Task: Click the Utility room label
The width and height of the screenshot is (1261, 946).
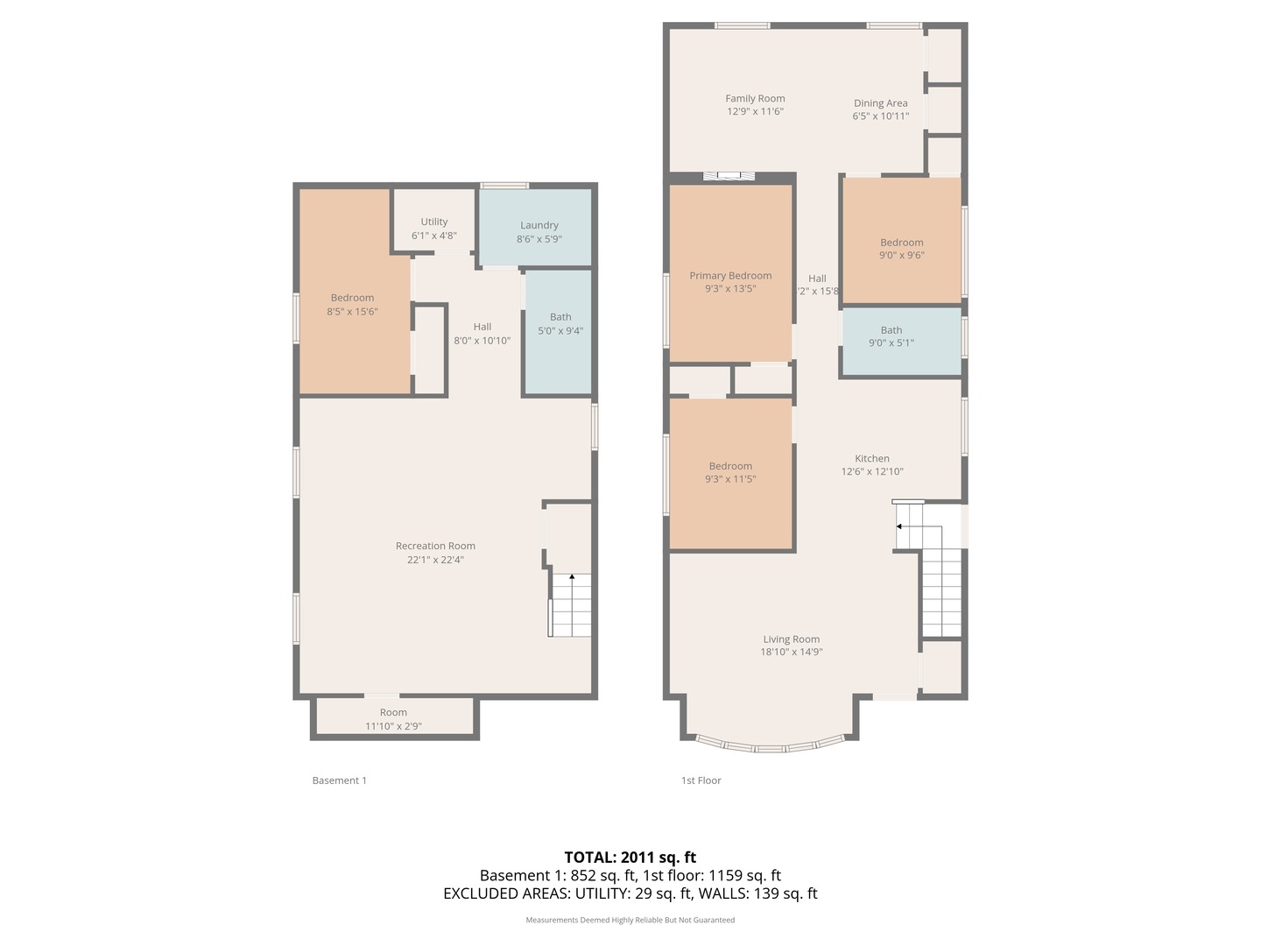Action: click(x=433, y=222)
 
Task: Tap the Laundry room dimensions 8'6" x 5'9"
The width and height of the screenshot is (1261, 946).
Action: click(x=539, y=239)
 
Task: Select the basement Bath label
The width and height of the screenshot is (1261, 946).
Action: click(x=560, y=317)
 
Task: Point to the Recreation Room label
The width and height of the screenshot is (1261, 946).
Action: click(x=435, y=546)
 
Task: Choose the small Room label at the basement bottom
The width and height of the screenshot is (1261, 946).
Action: click(x=393, y=713)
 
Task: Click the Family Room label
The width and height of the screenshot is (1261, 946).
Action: click(x=755, y=99)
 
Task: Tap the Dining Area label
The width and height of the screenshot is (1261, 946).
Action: click(x=880, y=103)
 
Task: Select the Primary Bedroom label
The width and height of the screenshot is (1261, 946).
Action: click(x=730, y=276)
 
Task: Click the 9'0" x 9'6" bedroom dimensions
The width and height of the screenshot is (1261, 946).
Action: click(x=901, y=256)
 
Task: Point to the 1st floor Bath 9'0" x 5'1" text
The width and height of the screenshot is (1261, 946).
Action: click(x=891, y=343)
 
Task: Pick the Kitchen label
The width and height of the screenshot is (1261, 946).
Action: click(x=872, y=459)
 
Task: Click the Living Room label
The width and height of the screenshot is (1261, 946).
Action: click(x=791, y=639)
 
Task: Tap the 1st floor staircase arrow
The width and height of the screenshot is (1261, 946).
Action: click(x=899, y=526)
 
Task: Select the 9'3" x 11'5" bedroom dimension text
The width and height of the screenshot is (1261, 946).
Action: click(x=730, y=479)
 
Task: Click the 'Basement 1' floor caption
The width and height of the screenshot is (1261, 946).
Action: click(x=339, y=780)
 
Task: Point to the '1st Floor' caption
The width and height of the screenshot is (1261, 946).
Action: click(x=701, y=780)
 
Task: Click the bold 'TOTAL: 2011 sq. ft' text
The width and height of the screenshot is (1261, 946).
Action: click(x=630, y=858)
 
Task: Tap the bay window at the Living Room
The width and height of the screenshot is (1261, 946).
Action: click(x=770, y=747)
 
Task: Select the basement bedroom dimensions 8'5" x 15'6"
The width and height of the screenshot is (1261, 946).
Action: click(x=352, y=312)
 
